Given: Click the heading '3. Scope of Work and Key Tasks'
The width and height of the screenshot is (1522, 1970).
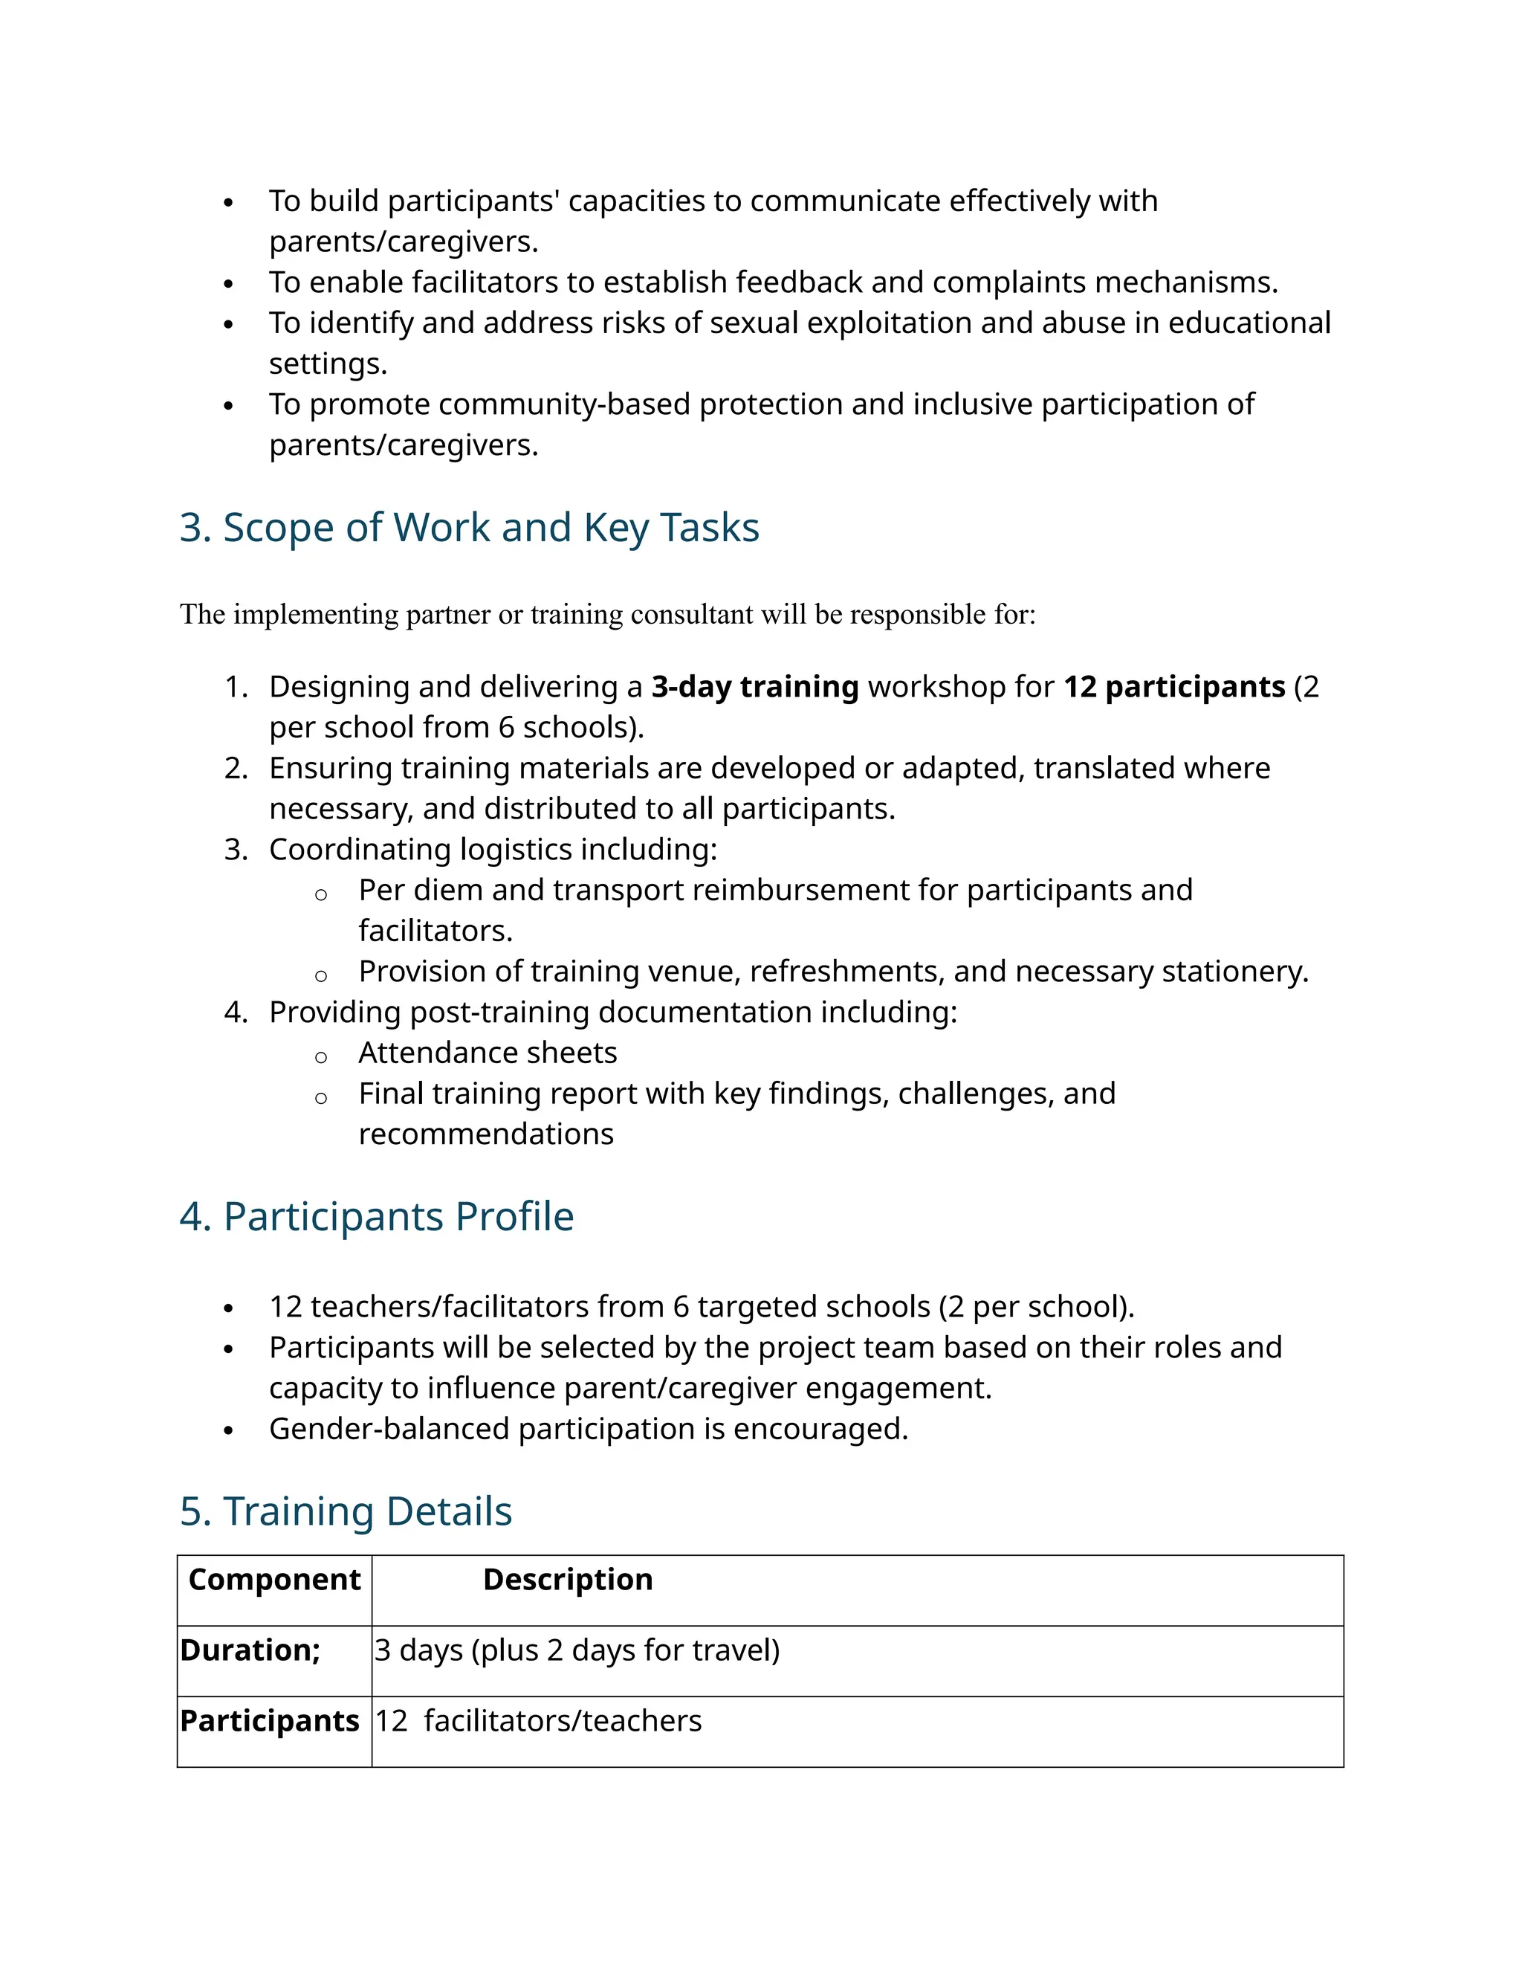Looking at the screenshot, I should point(469,528).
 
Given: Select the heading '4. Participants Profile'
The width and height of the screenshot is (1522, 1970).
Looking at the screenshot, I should point(376,1216).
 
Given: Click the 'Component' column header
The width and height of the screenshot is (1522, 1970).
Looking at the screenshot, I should point(274,1580).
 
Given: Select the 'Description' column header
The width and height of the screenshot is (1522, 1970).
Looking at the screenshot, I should point(567,1580).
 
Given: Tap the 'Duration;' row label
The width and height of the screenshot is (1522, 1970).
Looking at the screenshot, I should point(250,1650).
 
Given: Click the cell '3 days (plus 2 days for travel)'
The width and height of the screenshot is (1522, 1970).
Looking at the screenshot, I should point(577,1650).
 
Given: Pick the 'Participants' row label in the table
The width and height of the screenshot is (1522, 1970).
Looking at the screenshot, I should point(270,1720).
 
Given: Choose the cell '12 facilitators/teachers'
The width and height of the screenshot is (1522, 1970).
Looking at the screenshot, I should point(538,1720).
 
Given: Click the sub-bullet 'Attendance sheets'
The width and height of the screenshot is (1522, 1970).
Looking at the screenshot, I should point(488,1053).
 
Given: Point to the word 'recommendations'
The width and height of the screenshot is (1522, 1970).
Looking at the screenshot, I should point(486,1134).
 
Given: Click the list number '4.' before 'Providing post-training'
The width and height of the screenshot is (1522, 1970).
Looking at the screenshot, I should point(236,1012).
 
